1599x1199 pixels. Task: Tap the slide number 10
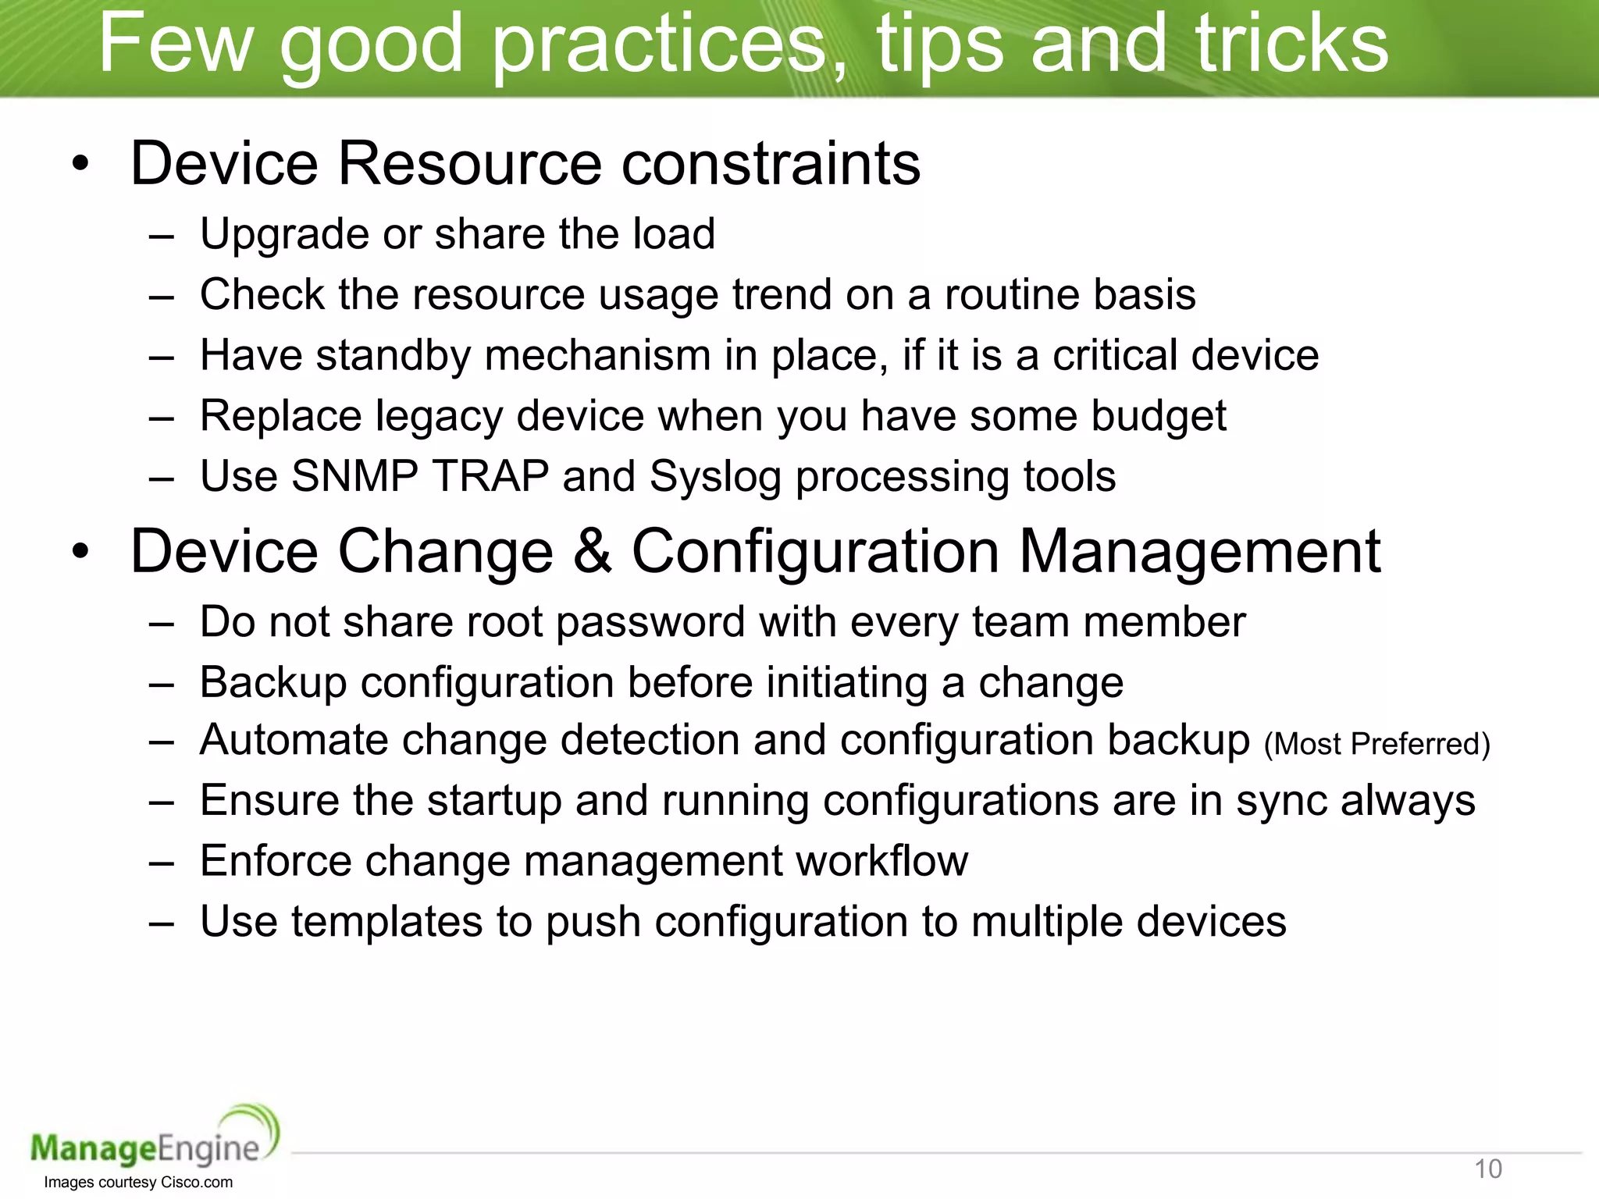point(1487,1169)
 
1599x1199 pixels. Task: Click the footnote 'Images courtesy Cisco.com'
point(138,1183)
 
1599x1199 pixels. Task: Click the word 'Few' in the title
point(176,44)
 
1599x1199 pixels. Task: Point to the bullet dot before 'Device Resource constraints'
point(80,165)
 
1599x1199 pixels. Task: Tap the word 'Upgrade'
point(284,234)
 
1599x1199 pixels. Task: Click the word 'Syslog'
point(715,478)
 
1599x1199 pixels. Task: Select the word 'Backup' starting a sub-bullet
point(272,683)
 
